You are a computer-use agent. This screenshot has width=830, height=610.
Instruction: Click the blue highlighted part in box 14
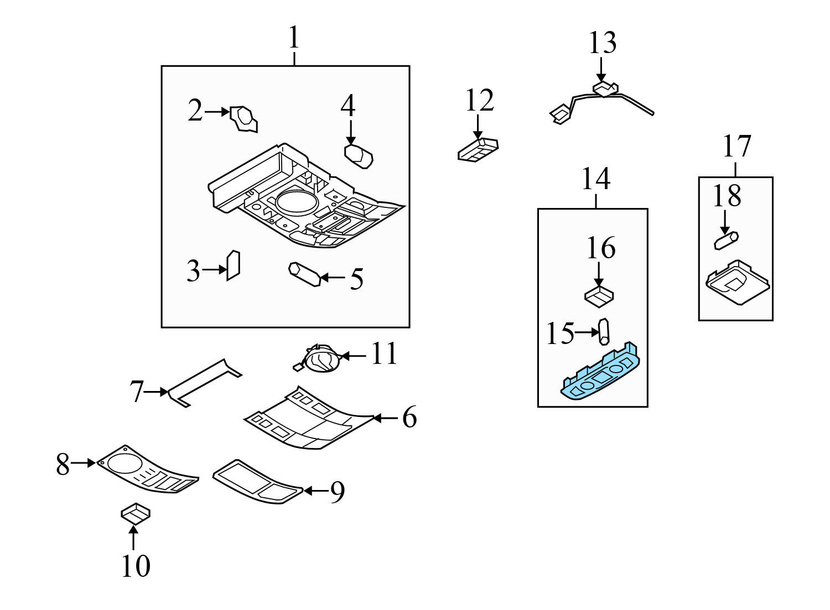point(600,372)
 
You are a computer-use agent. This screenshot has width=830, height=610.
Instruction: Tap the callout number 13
point(603,43)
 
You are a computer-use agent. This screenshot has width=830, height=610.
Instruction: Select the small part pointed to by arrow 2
point(243,118)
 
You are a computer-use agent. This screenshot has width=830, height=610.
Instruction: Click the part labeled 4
point(359,157)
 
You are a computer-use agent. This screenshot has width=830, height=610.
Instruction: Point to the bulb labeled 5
point(304,274)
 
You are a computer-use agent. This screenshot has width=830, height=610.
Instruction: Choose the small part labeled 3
point(234,265)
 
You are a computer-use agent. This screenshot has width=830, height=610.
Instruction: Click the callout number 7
point(136,392)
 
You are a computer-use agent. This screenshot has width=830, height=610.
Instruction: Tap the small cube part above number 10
point(136,514)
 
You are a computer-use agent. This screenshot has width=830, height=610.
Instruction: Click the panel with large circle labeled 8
point(148,470)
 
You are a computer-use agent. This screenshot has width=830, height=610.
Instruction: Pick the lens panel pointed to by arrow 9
point(258,482)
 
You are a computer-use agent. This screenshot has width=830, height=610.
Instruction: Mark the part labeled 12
point(478,150)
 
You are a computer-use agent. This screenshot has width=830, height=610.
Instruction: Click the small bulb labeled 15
point(604,331)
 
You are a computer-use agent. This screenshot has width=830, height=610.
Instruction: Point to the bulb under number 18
point(726,241)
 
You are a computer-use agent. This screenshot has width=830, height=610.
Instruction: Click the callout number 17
point(737,146)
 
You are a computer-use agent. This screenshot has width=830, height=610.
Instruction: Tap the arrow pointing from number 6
point(385,418)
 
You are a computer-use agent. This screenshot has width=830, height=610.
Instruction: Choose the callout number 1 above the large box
point(294,37)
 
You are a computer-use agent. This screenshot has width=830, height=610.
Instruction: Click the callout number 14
point(596,179)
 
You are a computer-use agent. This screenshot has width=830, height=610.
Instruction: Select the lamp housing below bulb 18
point(738,282)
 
